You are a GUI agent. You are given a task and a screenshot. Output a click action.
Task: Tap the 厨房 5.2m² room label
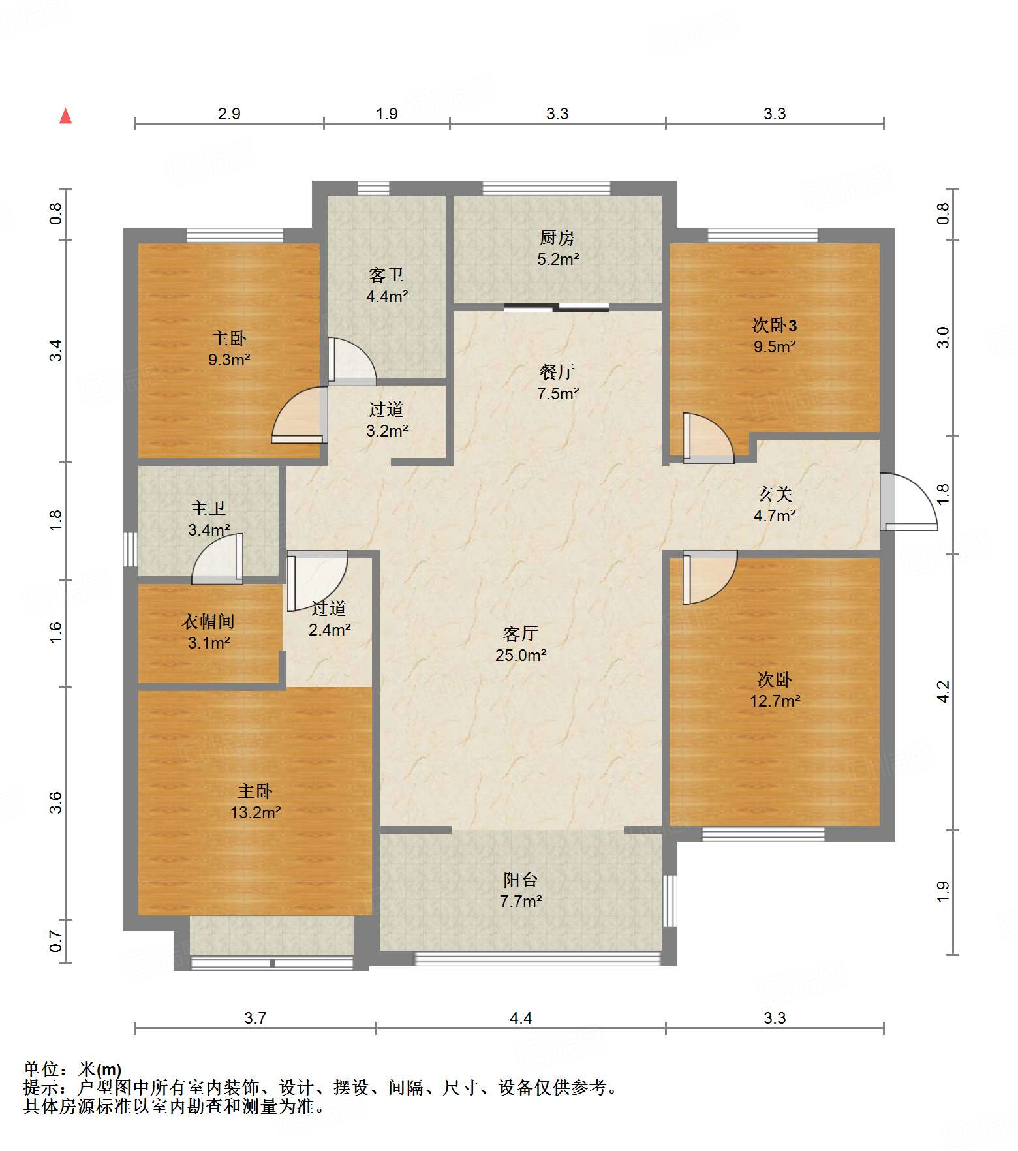[558, 249]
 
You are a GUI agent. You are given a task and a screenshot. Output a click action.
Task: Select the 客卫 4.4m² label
[387, 286]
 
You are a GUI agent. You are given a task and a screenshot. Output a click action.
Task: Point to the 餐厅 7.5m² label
[558, 382]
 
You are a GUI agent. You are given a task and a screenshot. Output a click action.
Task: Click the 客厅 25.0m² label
[521, 644]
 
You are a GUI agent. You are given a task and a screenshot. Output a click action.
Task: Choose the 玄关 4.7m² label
[775, 505]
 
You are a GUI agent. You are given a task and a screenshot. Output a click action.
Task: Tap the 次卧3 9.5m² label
[775, 335]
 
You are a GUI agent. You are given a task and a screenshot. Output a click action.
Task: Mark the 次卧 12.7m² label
[775, 690]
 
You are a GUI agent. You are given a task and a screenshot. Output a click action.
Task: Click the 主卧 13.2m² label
[255, 802]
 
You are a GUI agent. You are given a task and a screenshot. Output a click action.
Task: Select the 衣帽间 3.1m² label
[208, 632]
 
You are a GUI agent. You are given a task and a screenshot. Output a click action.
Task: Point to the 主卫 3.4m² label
[209, 519]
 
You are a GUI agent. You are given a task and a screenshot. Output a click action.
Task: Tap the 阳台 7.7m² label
[521, 891]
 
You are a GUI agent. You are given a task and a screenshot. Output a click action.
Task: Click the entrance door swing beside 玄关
[908, 501]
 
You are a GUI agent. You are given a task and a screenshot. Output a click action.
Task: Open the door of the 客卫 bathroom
[352, 361]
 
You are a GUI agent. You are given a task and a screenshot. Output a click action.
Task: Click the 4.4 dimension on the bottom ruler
[521, 1018]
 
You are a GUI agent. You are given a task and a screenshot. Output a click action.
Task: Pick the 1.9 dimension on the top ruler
[387, 114]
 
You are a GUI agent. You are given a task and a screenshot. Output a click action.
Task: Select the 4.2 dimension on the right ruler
[943, 692]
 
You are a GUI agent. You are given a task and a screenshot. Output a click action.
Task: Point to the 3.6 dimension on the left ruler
[56, 803]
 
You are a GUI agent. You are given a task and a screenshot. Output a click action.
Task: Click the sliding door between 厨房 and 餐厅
[556, 307]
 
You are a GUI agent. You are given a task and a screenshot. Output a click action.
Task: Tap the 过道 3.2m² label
[387, 420]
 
